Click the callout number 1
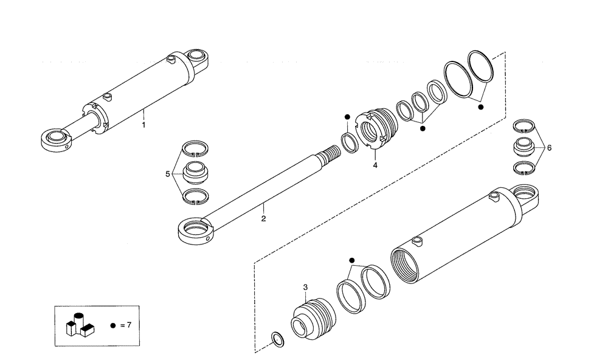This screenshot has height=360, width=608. (x=143, y=125)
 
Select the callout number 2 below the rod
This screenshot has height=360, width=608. (x=263, y=217)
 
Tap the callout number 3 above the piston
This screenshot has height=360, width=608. (x=306, y=287)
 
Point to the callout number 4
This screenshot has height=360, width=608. (x=376, y=165)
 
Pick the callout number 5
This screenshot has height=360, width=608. (x=167, y=174)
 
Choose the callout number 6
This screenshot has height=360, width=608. (x=549, y=147)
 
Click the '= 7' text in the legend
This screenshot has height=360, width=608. (x=126, y=325)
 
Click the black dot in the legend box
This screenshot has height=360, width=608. (x=112, y=325)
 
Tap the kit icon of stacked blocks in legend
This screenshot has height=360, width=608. (x=79, y=325)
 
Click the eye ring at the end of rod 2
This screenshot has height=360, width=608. (x=195, y=230)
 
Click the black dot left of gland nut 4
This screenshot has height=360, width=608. (x=347, y=117)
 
